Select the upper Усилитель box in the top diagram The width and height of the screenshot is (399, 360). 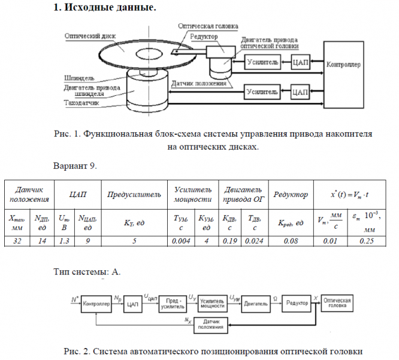click(262, 62)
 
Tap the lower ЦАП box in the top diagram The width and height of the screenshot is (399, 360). click(301, 93)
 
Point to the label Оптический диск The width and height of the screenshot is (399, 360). click(89, 36)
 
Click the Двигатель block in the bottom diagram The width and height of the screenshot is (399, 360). click(256, 304)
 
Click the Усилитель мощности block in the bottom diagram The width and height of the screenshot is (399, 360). click(211, 304)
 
